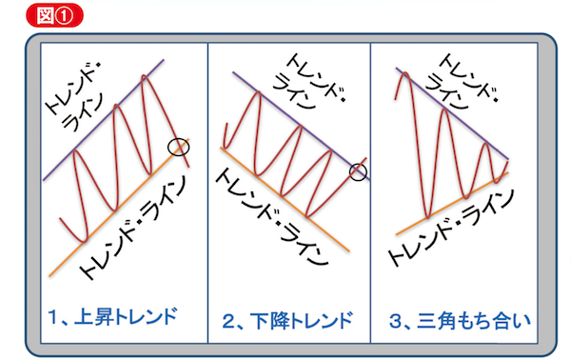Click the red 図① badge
[54, 15]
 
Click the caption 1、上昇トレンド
[112, 316]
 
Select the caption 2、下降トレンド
[287, 320]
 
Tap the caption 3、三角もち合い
[460, 321]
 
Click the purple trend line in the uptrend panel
[104, 120]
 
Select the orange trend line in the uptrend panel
[119, 208]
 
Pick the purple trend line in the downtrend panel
[302, 126]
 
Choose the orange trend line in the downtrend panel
[285, 199]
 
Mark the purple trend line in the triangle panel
[452, 113]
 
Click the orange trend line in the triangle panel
[452, 203]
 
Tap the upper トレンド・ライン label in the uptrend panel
[75, 97]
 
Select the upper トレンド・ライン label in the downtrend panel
[309, 81]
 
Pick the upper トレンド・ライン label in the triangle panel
[462, 81]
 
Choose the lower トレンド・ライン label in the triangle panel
[451, 228]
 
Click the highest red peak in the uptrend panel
[145, 75]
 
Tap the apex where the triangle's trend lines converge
[508, 160]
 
